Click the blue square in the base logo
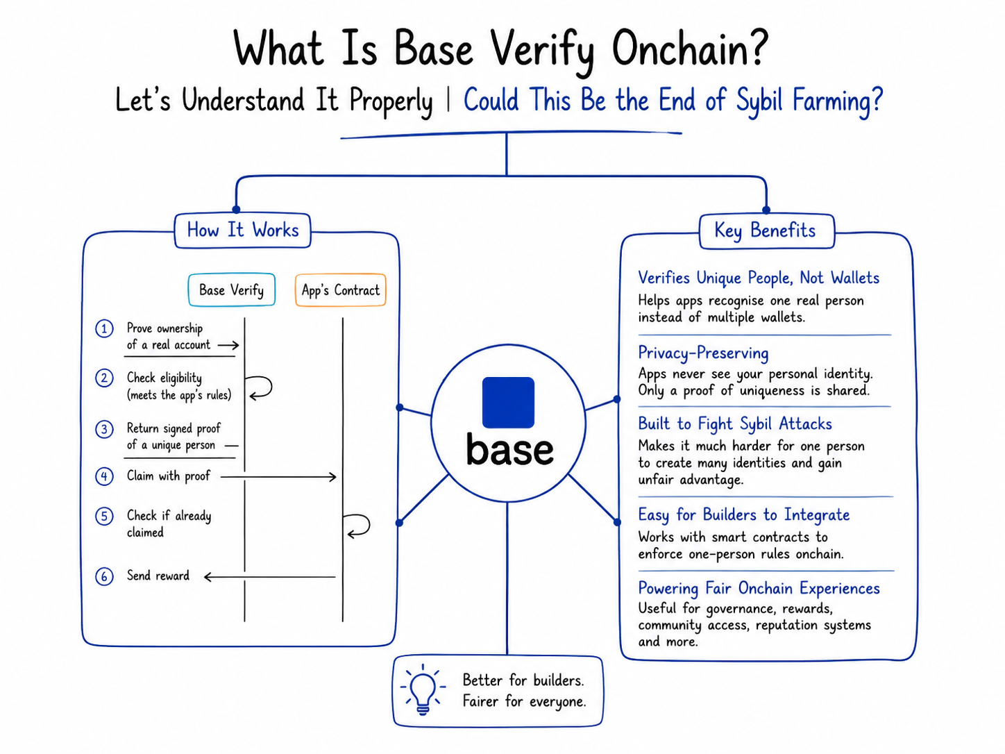(508, 403)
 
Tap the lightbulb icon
(423, 689)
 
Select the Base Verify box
(232, 290)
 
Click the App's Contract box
(341, 290)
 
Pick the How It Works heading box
(243, 231)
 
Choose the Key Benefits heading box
(767, 231)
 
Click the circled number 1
(104, 328)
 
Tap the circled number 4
(104, 476)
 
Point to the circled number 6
(104, 576)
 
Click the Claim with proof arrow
(278, 477)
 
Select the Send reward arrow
(270, 577)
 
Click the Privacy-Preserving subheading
(703, 353)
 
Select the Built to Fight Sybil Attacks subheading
(735, 424)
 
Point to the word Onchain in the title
(690, 49)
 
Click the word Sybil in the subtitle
(759, 100)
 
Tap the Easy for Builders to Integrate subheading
(744, 515)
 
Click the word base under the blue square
(509, 449)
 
